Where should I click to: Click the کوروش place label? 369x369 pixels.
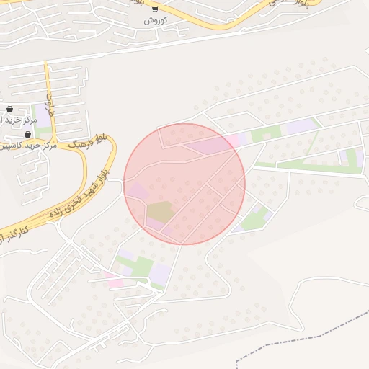(155, 20)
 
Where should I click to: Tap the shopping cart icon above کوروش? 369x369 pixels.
(155, 9)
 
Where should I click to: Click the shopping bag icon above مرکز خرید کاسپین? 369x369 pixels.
(27, 135)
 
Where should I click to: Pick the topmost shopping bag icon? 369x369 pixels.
(9, 110)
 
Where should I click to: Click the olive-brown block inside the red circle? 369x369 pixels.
(160, 212)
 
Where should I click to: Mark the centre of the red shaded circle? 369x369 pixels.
(184, 184)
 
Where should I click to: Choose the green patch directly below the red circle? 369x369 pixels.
(141, 266)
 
